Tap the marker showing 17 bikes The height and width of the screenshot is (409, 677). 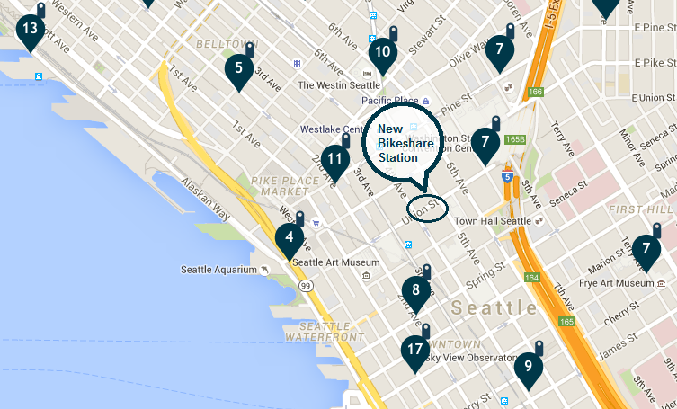tap(414, 350)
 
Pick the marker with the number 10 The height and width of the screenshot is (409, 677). tap(383, 52)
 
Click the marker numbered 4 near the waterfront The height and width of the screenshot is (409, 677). tap(289, 238)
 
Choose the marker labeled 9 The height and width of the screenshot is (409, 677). tap(529, 366)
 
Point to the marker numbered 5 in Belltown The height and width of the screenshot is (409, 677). tap(238, 67)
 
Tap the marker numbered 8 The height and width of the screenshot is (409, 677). tap(415, 289)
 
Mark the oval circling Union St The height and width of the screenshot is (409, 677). tap(427, 208)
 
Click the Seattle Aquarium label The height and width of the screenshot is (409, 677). tap(219, 270)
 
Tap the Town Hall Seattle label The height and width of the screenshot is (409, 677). tap(493, 221)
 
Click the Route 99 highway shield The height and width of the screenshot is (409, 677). tap(307, 285)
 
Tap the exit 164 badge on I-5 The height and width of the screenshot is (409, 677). tap(531, 278)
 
